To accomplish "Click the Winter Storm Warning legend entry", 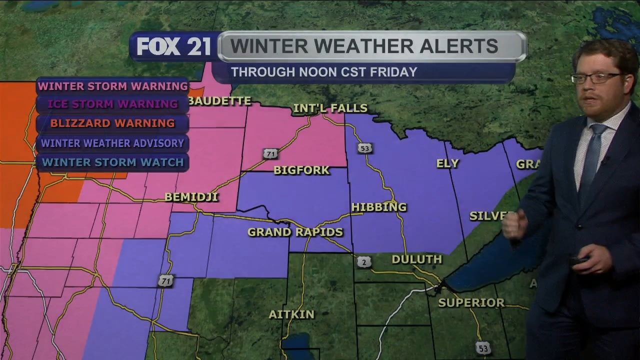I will pos(112,86).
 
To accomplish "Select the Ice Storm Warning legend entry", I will pos(112,104).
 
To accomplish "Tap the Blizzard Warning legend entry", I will pos(112,123).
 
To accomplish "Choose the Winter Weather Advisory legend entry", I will pos(112,143).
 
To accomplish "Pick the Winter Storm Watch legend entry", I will pos(112,162).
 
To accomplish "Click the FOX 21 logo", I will pos(173,46).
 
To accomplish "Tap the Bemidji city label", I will pos(191,197).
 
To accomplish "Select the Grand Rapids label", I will pos(295,232).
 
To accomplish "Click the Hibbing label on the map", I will pos(379,207).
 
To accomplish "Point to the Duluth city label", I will pos(416,259).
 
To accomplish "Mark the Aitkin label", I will pos(291,314).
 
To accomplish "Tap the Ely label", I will pos(447,163).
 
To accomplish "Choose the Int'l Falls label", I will pos(330,108).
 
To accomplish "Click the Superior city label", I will pos(471,303).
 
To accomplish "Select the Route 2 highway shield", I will pos(363,261).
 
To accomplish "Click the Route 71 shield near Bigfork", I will pos(270,153).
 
